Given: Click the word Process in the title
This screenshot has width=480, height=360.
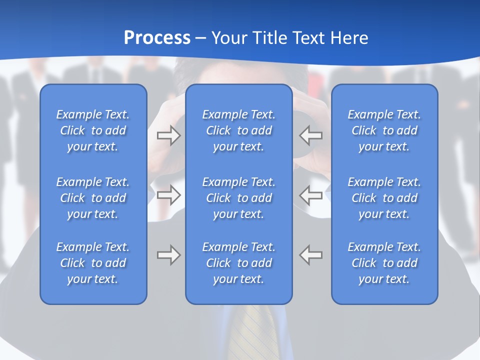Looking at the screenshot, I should click(x=157, y=38).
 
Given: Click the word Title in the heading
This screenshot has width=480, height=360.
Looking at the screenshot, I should click(x=270, y=38).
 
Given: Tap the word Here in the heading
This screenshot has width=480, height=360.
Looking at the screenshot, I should click(x=349, y=38).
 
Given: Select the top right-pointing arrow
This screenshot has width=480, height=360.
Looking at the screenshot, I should click(x=168, y=135).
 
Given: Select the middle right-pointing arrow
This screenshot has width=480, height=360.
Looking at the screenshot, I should click(x=168, y=195).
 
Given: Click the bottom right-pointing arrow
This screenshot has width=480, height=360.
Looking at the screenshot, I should click(x=168, y=255).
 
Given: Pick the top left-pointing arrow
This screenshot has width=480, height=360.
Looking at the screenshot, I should click(x=311, y=135).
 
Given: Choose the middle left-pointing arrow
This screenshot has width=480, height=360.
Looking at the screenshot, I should click(x=311, y=195).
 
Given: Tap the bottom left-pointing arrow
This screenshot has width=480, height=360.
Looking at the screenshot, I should click(x=311, y=255).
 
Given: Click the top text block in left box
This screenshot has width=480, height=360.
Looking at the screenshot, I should click(x=93, y=130).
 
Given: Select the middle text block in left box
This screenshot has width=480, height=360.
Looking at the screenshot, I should click(x=93, y=198).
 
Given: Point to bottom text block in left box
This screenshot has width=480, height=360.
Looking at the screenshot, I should click(x=93, y=263).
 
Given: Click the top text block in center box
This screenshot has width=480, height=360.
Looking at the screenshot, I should click(x=238, y=130).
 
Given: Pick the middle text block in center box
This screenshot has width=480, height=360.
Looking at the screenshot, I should click(x=238, y=198).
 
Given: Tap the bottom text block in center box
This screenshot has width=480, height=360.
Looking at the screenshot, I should click(x=238, y=263).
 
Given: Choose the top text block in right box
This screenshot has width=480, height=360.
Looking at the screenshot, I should click(x=384, y=130).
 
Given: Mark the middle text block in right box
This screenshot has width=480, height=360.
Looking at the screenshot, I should click(x=384, y=198).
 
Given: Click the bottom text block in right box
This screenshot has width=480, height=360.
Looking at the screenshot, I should click(x=384, y=263).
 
